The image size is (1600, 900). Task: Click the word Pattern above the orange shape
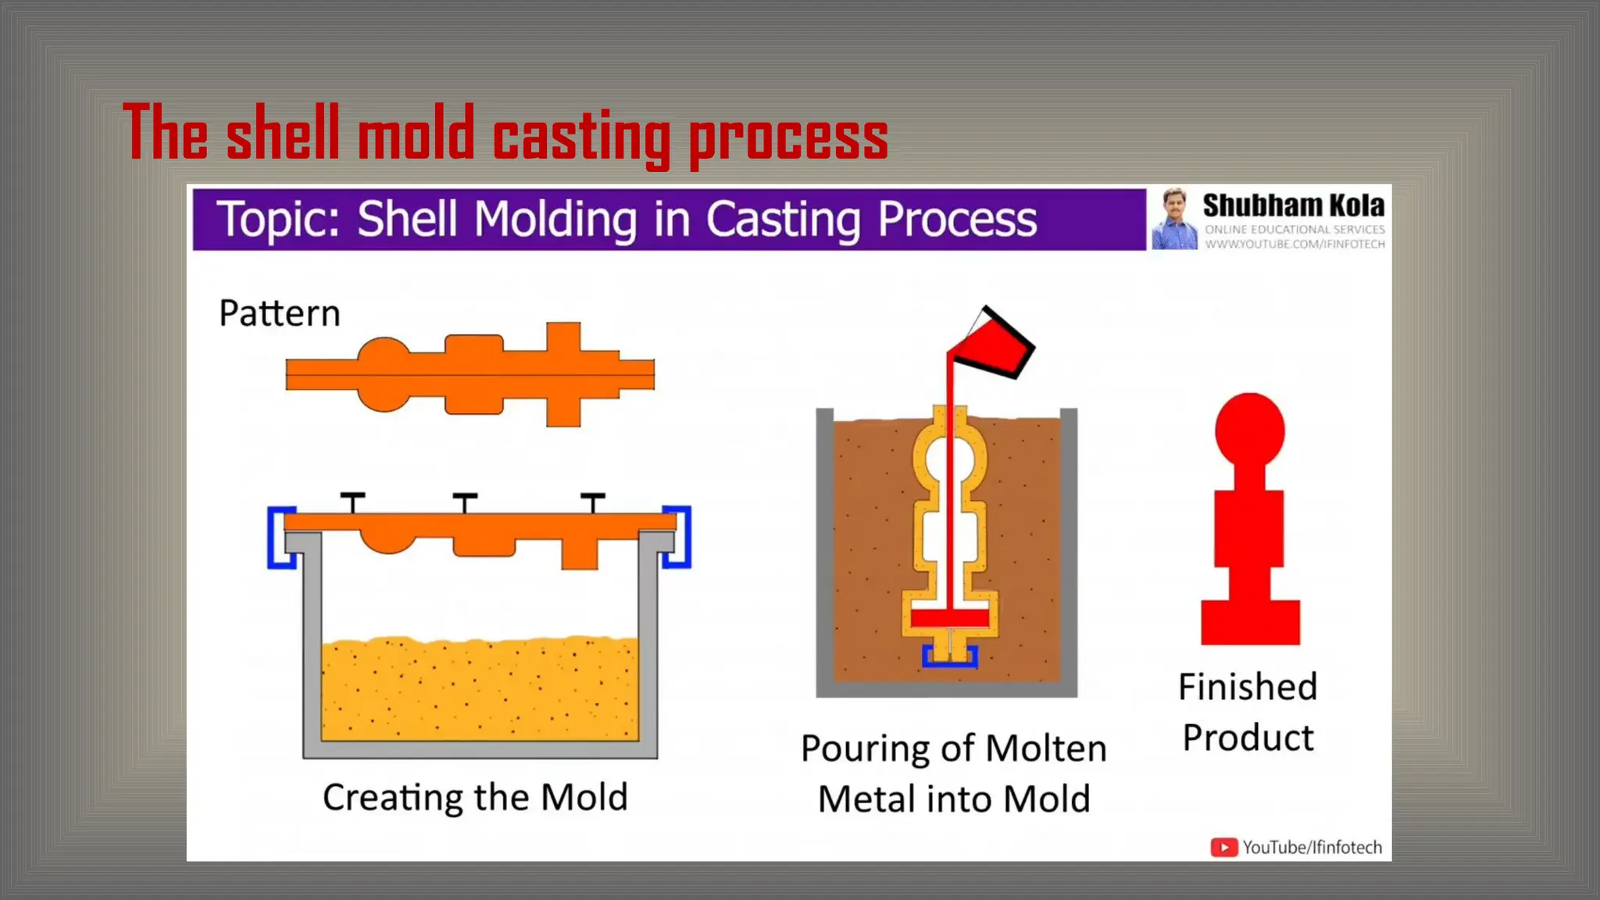point(280,313)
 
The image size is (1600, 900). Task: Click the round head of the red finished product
point(1249,430)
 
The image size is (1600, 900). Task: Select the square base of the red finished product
point(1250,622)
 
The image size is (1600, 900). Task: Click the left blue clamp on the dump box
point(280,538)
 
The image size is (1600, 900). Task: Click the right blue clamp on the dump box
point(679,538)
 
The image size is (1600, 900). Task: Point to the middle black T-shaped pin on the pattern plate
point(465,502)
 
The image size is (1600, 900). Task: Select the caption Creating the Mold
point(475,798)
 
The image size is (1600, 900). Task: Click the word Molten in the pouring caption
point(1046,748)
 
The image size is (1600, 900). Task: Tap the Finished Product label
point(1248,712)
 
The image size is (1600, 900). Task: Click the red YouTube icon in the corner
point(1223,847)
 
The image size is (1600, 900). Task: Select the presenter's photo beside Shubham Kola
point(1173,219)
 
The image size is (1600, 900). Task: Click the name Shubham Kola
point(1293,205)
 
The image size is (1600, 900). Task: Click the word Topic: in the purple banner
point(278,219)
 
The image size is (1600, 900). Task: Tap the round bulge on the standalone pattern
point(384,374)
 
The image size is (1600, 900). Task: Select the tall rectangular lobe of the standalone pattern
point(562,374)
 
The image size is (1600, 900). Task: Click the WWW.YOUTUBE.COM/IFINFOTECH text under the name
point(1295,245)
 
